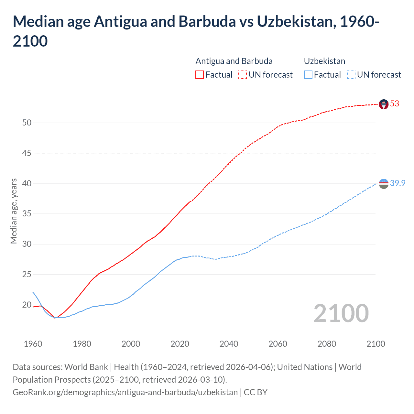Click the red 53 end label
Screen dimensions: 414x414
[x=394, y=103]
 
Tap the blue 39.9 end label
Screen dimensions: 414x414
[x=398, y=183]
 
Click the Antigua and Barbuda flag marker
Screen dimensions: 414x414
[x=383, y=104]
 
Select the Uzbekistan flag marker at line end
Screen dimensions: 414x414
[x=383, y=184]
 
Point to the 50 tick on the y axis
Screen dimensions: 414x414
[x=27, y=123]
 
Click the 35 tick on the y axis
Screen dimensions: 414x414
[x=27, y=214]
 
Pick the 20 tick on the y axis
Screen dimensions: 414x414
[x=27, y=305]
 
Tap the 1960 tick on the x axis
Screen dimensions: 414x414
[x=33, y=344]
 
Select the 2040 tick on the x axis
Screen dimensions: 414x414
[x=229, y=344]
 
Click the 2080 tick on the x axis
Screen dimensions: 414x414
[x=327, y=344]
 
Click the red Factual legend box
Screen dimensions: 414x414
[x=200, y=75]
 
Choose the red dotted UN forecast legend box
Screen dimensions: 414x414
[x=243, y=75]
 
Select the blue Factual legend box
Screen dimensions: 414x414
[x=308, y=75]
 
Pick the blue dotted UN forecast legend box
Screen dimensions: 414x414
[x=351, y=75]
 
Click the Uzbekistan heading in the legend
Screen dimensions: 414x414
[x=324, y=61]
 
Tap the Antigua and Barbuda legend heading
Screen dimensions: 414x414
[x=234, y=61]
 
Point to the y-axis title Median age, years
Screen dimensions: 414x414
[x=14, y=211]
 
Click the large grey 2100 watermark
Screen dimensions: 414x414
[x=341, y=313]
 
